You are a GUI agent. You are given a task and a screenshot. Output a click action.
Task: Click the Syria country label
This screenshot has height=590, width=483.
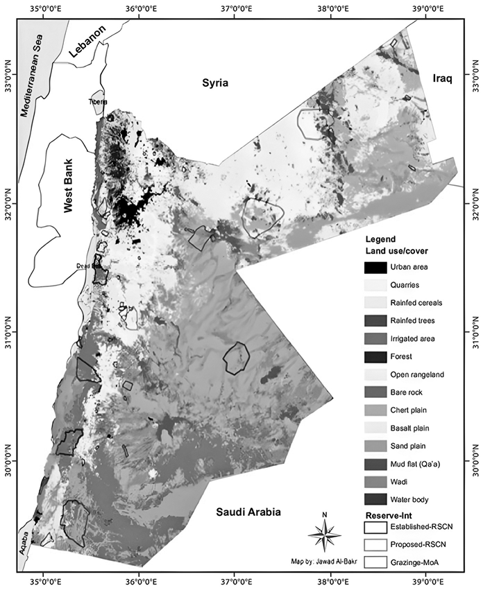tap(214, 83)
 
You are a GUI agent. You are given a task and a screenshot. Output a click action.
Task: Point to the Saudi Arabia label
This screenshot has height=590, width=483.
tap(247, 512)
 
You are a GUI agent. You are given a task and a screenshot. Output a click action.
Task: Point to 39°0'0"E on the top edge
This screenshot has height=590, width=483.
tap(424, 9)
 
